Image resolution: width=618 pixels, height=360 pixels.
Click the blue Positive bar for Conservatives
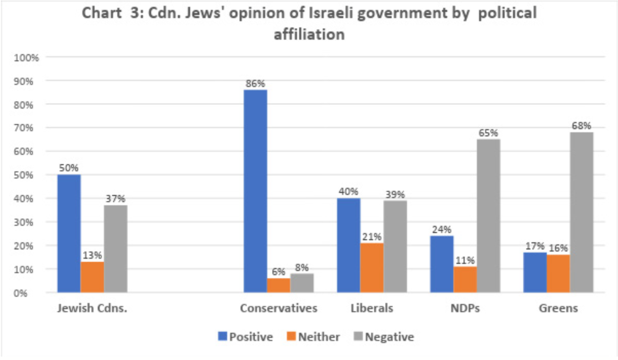(255, 191)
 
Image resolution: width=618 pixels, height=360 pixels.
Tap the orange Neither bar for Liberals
(372, 267)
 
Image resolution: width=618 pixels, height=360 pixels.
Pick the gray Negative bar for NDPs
(488, 216)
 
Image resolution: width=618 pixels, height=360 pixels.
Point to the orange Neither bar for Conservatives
(279, 285)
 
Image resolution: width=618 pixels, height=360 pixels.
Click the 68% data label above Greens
(581, 126)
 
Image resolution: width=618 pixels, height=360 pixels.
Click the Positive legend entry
(246, 337)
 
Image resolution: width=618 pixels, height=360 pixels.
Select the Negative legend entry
(384, 337)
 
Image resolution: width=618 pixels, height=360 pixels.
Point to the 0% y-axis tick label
(30, 293)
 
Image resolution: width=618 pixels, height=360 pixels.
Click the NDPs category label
(465, 309)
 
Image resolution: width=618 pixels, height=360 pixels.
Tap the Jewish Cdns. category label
(92, 309)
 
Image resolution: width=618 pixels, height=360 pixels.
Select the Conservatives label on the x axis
(279, 309)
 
